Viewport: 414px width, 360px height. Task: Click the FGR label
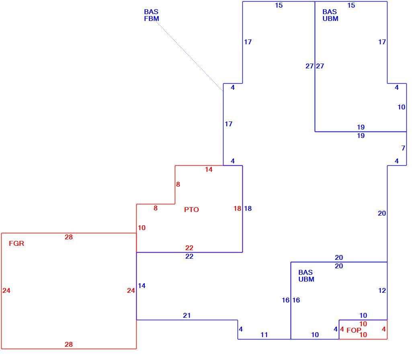16,243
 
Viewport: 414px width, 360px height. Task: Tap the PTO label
191,210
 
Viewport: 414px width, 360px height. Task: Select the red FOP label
354,330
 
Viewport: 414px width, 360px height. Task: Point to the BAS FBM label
151,15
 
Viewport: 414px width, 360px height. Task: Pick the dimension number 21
187,315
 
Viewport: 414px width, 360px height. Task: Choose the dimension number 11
264,335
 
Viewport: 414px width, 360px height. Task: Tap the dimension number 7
403,148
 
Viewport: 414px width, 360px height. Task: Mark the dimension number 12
382,290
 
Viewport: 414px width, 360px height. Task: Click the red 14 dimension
209,169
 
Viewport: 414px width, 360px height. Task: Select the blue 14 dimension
141,286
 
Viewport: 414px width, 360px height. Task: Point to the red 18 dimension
237,208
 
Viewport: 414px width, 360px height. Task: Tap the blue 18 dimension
248,208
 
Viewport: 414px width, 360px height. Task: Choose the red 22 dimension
189,248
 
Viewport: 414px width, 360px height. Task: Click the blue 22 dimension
189,256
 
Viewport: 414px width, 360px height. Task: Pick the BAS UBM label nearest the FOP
306,276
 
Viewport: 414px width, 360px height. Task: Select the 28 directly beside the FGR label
69,237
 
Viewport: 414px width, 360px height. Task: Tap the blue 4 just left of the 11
240,329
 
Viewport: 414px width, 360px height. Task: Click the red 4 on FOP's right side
383,329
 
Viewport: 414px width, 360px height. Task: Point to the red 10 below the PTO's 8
141,228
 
